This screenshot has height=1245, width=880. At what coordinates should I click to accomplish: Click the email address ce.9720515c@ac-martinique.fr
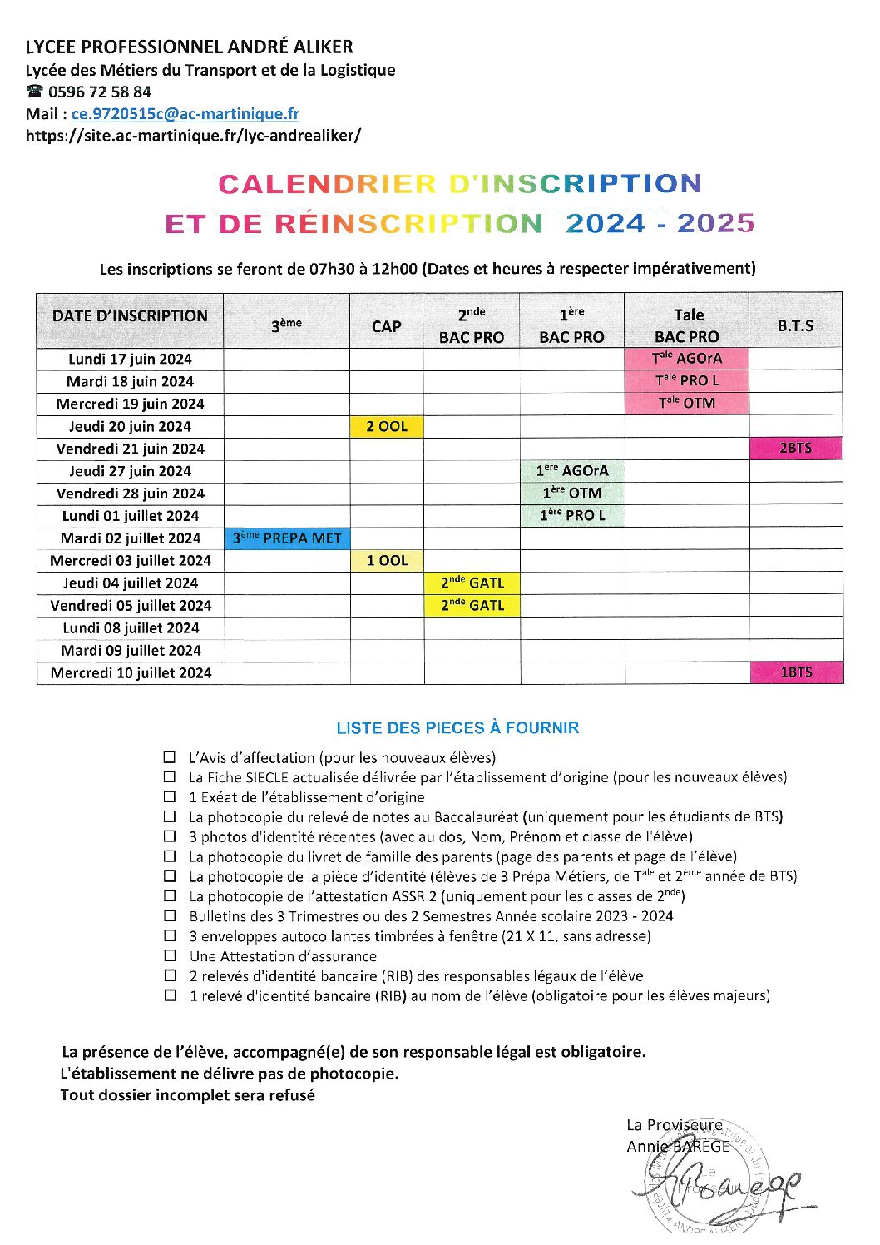point(185,114)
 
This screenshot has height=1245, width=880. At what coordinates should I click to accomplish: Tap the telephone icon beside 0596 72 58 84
point(34,92)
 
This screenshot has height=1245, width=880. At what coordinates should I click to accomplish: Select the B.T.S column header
point(795,325)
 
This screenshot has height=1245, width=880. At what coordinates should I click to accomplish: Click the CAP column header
point(386,326)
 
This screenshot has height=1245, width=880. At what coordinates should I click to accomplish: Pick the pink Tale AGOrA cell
point(686,359)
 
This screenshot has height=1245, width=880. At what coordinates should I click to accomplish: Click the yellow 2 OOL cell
point(387,426)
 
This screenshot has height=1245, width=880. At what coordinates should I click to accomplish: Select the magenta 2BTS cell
point(795,449)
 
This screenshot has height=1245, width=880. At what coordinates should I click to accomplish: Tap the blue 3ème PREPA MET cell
point(287,538)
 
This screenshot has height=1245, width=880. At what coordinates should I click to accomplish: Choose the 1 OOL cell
point(387,561)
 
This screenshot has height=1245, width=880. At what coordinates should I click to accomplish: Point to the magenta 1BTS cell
point(795,672)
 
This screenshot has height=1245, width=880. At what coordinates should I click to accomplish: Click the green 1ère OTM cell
point(572,493)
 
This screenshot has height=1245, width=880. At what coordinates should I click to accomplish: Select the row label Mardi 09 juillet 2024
point(131,651)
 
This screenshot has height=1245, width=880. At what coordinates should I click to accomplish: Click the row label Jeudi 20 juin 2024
point(130,426)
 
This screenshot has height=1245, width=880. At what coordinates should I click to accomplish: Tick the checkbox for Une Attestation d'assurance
point(171,955)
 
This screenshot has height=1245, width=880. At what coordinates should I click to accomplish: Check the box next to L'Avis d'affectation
point(171,757)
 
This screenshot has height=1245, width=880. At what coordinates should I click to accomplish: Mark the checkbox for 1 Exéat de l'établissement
point(171,796)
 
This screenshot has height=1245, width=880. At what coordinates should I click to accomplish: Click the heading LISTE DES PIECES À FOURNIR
point(457,728)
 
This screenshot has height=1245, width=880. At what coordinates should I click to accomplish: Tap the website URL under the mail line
point(193,136)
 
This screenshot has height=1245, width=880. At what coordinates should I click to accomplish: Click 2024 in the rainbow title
point(605,223)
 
